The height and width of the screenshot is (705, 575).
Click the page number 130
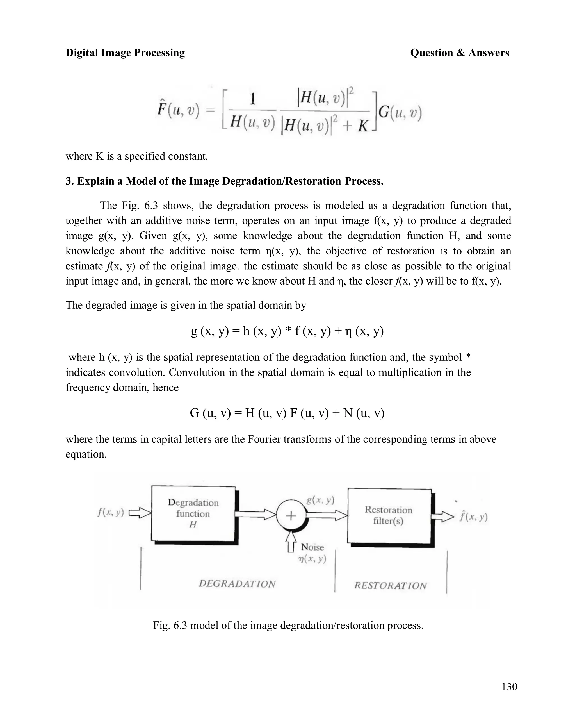tap(509, 686)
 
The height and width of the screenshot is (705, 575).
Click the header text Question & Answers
tap(459, 53)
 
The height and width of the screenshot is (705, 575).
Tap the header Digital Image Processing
tap(125, 53)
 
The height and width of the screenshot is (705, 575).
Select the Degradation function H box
tap(193, 513)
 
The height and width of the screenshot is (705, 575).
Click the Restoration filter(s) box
tap(389, 515)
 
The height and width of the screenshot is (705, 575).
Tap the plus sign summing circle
tap(291, 516)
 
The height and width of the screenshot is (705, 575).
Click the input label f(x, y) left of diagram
tap(111, 513)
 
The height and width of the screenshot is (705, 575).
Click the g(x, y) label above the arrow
tap(320, 500)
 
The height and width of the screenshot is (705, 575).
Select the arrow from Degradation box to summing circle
tap(255, 514)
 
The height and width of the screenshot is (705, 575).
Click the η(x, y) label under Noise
tap(312, 559)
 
